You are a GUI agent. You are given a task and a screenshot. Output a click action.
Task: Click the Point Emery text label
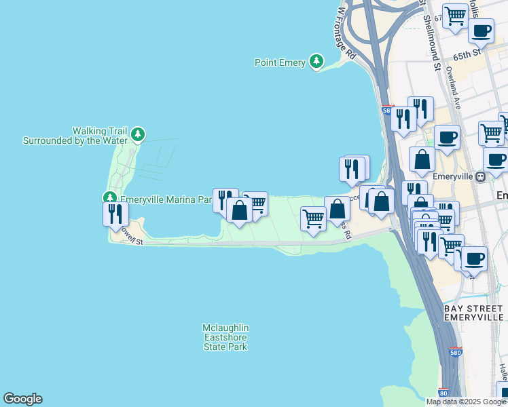pyautogui.click(x=280, y=62)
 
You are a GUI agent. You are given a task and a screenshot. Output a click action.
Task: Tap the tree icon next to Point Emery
pyautogui.click(x=316, y=62)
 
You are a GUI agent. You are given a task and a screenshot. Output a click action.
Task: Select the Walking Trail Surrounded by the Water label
pyautogui.click(x=75, y=136)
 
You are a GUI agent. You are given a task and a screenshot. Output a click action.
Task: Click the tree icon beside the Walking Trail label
pyautogui.click(x=138, y=134)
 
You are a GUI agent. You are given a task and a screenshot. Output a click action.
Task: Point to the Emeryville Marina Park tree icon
pyautogui.click(x=109, y=198)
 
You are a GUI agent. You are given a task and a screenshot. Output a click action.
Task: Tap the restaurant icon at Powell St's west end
pyautogui.click(x=115, y=214)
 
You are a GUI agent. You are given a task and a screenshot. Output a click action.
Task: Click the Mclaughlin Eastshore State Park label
pyautogui.click(x=225, y=337)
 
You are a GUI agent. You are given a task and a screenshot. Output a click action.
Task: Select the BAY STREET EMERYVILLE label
pyautogui.click(x=473, y=313)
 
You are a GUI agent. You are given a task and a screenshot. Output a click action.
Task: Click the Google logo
pyautogui.click(x=22, y=399)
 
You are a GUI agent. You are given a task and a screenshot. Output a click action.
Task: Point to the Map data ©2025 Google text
pyautogui.click(x=466, y=402)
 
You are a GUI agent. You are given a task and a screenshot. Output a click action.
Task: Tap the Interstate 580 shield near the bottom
pyautogui.click(x=456, y=353)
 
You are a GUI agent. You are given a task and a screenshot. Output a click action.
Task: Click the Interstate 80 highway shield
pyautogui.click(x=443, y=392)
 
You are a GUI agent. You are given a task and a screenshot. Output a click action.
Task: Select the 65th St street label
pyautogui.click(x=467, y=51)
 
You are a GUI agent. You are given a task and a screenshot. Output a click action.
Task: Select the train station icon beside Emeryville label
pyautogui.click(x=481, y=176)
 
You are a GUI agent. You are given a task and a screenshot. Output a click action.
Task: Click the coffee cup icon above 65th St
pyautogui.click(x=481, y=31)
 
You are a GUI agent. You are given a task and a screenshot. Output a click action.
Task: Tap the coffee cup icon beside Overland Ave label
pyautogui.click(x=447, y=137)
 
